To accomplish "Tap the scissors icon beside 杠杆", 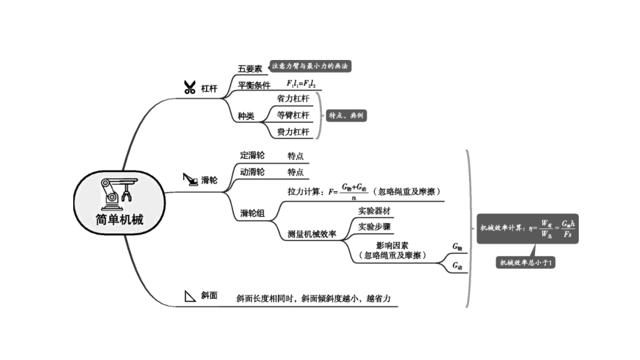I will [x=190, y=88].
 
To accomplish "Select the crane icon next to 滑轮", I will [x=190, y=179].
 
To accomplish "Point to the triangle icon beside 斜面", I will [x=190, y=295].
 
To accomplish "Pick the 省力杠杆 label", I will [x=293, y=98].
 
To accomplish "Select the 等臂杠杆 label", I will [x=293, y=115].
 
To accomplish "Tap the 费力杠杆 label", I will [x=293, y=131].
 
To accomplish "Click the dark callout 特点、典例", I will [x=346, y=115].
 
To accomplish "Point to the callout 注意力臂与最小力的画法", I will [x=310, y=66].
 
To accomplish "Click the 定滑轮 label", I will [x=252, y=155].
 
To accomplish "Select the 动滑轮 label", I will [x=252, y=172].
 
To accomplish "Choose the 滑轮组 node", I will [x=252, y=212].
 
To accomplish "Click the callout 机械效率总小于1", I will [x=525, y=262].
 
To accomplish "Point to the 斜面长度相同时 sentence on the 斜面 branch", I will [x=317, y=298].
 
